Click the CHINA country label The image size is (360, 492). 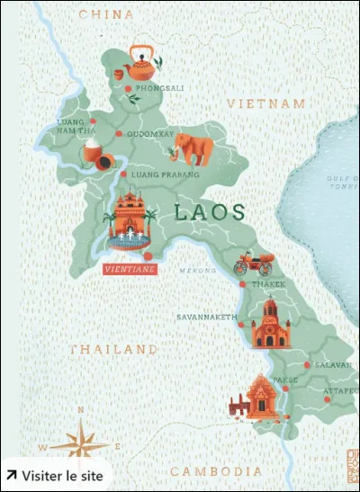[x=106, y=15]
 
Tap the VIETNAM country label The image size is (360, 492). [x=266, y=105]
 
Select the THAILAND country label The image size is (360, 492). [x=113, y=349]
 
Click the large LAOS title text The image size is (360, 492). [x=210, y=212]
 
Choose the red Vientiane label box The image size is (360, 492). [x=130, y=269]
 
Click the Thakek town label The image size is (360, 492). [x=267, y=284]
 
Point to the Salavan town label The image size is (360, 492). [x=334, y=365]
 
